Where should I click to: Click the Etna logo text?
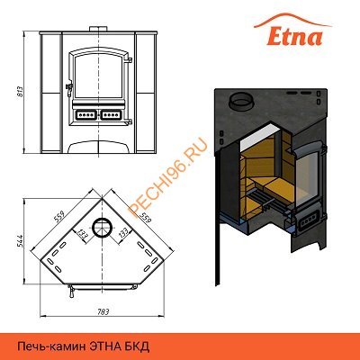coord(294,36)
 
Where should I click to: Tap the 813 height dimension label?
coord(22,92)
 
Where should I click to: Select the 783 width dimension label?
coord(103,311)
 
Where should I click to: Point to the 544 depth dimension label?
coord(21,242)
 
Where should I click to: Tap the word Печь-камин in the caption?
coord(52,347)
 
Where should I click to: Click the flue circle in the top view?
coord(103,228)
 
